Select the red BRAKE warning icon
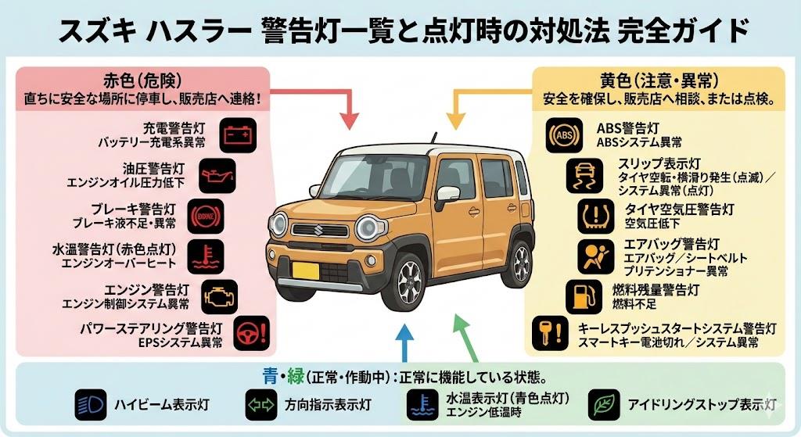coord(205,215)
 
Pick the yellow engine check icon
coord(219,297)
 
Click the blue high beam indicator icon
coord(90,405)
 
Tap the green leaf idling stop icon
coord(604,405)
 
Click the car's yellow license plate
coord(305,270)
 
